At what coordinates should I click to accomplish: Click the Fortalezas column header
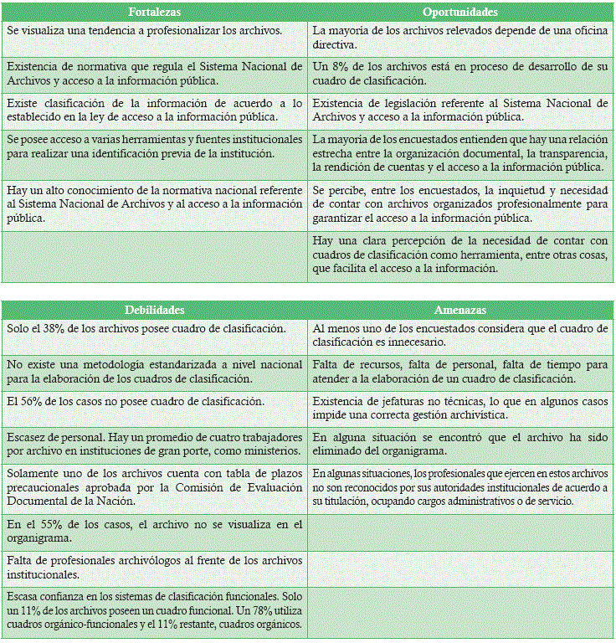[x=154, y=13]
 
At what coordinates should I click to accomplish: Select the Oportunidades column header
[x=460, y=13]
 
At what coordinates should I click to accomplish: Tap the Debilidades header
[x=154, y=310]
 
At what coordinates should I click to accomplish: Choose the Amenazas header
[x=460, y=310]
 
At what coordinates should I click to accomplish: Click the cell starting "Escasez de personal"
[x=154, y=445]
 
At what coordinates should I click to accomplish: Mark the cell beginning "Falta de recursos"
[x=460, y=372]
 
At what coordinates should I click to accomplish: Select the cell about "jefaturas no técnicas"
[x=460, y=409]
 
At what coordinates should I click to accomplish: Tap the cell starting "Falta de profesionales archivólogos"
[x=154, y=568]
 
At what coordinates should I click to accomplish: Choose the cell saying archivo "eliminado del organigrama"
[x=460, y=445]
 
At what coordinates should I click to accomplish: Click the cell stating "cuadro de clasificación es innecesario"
[x=460, y=336]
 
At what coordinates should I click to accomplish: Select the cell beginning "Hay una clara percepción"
[x=460, y=255]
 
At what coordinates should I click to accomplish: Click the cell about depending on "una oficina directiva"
[x=460, y=38]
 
